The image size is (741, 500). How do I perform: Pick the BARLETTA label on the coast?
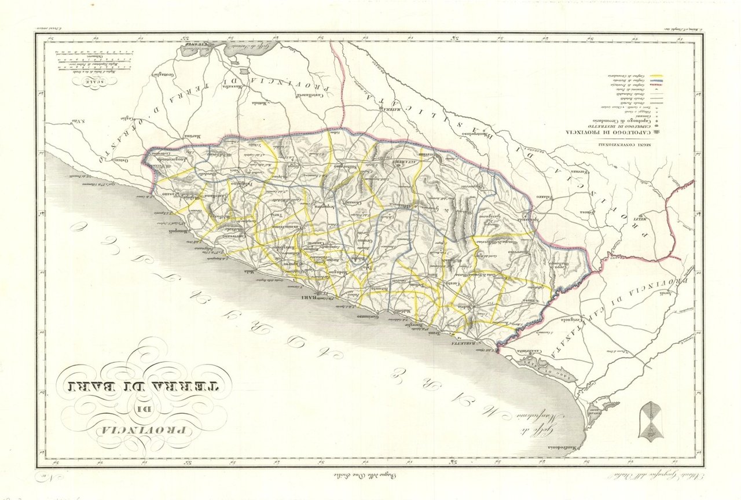(467, 343)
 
